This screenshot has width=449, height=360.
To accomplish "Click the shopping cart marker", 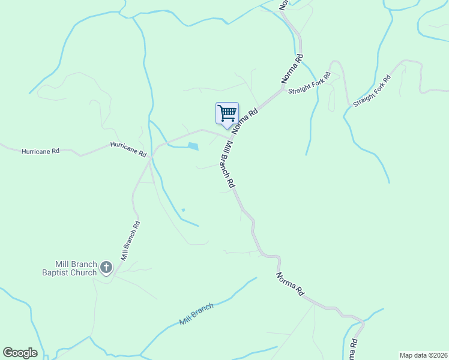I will [227, 113].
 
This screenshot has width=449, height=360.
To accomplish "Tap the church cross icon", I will [106, 267].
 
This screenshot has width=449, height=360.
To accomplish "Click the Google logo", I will [20, 353].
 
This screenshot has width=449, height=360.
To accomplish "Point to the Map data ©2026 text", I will [423, 355].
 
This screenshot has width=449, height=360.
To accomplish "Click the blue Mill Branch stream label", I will [196, 314].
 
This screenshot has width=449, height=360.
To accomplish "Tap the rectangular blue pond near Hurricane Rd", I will [193, 146].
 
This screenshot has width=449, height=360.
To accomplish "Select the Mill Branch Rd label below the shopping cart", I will [224, 164].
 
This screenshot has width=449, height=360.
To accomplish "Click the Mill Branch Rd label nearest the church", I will [130, 240].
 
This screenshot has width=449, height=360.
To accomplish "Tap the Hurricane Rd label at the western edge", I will [40, 152].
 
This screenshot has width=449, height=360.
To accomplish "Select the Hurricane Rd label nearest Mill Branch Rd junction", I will [128, 149].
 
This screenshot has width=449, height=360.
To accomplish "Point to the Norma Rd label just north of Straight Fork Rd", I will [292, 69].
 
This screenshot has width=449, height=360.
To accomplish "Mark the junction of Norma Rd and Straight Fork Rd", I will [283, 89].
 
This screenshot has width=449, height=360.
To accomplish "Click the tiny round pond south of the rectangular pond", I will [183, 209].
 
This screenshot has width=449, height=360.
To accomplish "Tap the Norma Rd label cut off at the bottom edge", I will [354, 350].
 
